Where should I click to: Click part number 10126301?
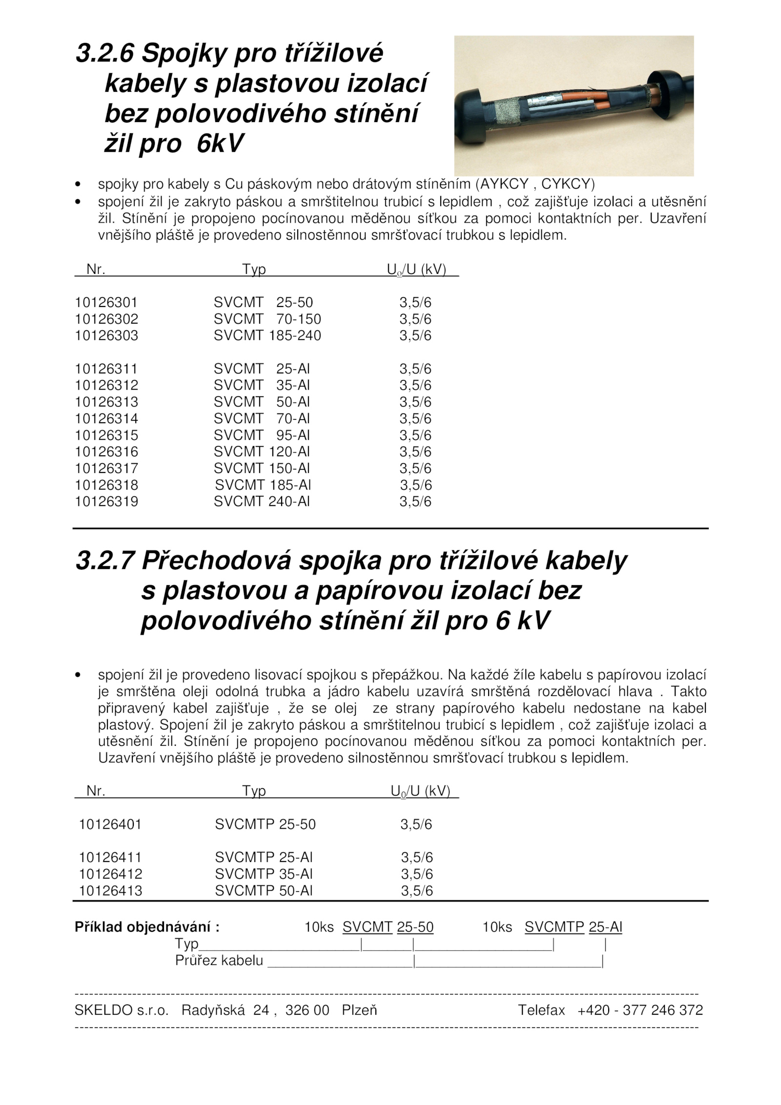(106, 303)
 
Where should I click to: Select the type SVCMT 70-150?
(267, 319)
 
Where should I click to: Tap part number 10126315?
(106, 435)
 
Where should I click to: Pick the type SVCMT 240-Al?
(262, 502)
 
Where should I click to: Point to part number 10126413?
(110, 891)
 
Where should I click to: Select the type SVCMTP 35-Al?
(264, 875)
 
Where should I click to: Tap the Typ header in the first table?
(254, 269)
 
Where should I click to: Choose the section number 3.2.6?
(104, 53)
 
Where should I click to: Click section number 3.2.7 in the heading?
(104, 561)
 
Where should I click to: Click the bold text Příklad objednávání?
(147, 927)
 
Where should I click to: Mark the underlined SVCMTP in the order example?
(554, 927)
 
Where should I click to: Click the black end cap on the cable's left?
(470, 118)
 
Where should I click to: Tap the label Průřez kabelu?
(219, 961)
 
